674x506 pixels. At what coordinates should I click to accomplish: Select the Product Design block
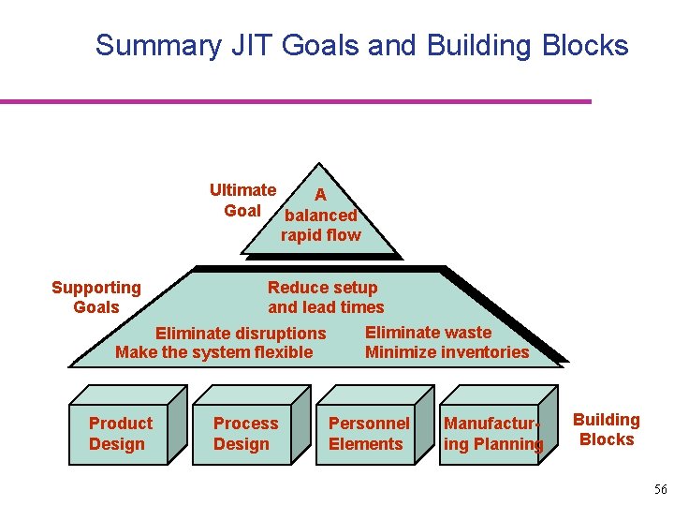(x=120, y=434)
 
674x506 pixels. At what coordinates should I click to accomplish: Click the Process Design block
(x=245, y=434)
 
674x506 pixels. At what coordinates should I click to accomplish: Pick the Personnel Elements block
(x=369, y=434)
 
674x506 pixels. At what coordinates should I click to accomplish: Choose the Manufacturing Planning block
(x=492, y=434)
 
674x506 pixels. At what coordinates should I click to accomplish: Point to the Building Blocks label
(x=607, y=429)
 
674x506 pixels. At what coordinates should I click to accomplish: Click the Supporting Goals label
(x=96, y=297)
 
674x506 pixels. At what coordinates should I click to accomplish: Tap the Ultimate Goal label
(x=242, y=201)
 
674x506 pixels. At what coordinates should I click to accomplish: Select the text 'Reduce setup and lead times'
(x=325, y=297)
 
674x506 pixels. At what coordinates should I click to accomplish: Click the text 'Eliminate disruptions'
(x=241, y=334)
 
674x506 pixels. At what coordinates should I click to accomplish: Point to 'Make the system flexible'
(x=213, y=352)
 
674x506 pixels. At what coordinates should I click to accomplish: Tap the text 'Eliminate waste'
(x=428, y=332)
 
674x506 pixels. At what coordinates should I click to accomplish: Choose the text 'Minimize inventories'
(x=447, y=352)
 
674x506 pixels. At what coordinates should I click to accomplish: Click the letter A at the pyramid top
(x=320, y=195)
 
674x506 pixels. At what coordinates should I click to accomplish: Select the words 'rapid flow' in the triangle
(x=320, y=235)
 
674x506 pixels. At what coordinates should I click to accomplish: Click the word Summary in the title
(x=149, y=45)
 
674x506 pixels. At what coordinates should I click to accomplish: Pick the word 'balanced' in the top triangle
(x=320, y=216)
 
